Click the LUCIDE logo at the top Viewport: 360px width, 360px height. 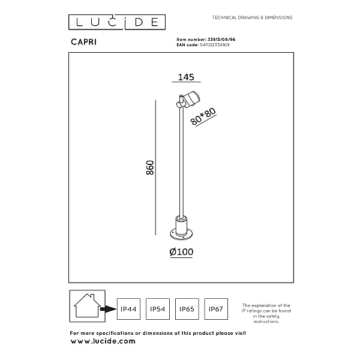point(117,22)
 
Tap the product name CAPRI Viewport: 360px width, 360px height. point(84,42)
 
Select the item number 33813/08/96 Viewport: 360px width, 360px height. point(221,40)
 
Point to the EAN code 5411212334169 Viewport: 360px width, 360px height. point(214,45)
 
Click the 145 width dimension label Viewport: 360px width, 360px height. point(186,77)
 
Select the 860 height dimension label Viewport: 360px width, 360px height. point(150,167)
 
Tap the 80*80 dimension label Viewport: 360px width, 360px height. point(203,116)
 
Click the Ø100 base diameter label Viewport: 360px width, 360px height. point(181,252)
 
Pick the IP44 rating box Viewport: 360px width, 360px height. point(128,309)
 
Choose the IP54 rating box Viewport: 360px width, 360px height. point(158,309)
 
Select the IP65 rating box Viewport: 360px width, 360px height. point(187,309)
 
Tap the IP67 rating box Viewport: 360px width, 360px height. point(216,309)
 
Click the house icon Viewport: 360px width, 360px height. point(87,306)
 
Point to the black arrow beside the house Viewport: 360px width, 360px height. point(109,309)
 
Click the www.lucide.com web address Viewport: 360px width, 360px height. point(103,341)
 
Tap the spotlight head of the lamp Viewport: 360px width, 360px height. point(192,99)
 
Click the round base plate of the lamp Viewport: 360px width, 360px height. point(181,235)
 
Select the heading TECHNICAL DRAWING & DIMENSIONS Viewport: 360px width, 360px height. point(252,17)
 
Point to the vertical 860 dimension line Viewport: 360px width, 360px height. point(155,167)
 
